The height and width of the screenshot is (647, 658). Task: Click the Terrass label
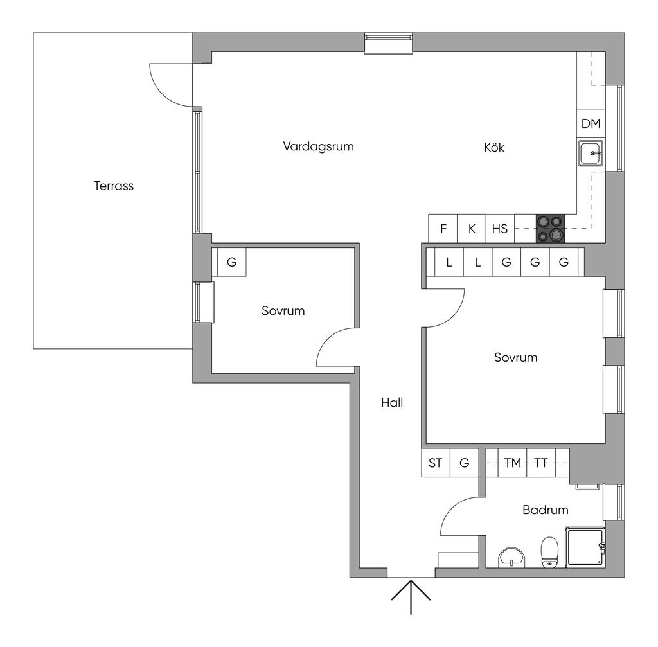(x=114, y=186)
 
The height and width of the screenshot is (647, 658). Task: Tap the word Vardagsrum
(x=318, y=146)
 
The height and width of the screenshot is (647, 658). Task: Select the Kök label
(x=494, y=148)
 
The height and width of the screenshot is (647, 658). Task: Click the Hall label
(x=391, y=403)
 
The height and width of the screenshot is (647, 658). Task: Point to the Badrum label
(x=545, y=510)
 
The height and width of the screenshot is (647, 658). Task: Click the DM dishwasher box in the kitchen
(x=591, y=124)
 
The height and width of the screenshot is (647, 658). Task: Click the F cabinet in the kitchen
(x=443, y=229)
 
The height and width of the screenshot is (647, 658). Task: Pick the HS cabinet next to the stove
(x=500, y=229)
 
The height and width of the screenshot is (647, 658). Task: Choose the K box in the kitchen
(x=472, y=229)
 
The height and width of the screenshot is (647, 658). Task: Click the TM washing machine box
(x=513, y=463)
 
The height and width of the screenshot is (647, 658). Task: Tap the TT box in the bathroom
(x=541, y=463)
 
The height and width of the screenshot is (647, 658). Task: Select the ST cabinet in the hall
(x=436, y=463)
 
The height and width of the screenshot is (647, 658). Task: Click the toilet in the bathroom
(x=549, y=553)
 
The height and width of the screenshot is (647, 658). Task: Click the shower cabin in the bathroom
(x=585, y=547)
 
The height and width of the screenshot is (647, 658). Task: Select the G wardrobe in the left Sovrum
(x=231, y=262)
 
